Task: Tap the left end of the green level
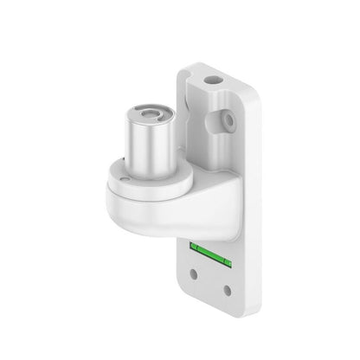pyautogui.click(x=192, y=247)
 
